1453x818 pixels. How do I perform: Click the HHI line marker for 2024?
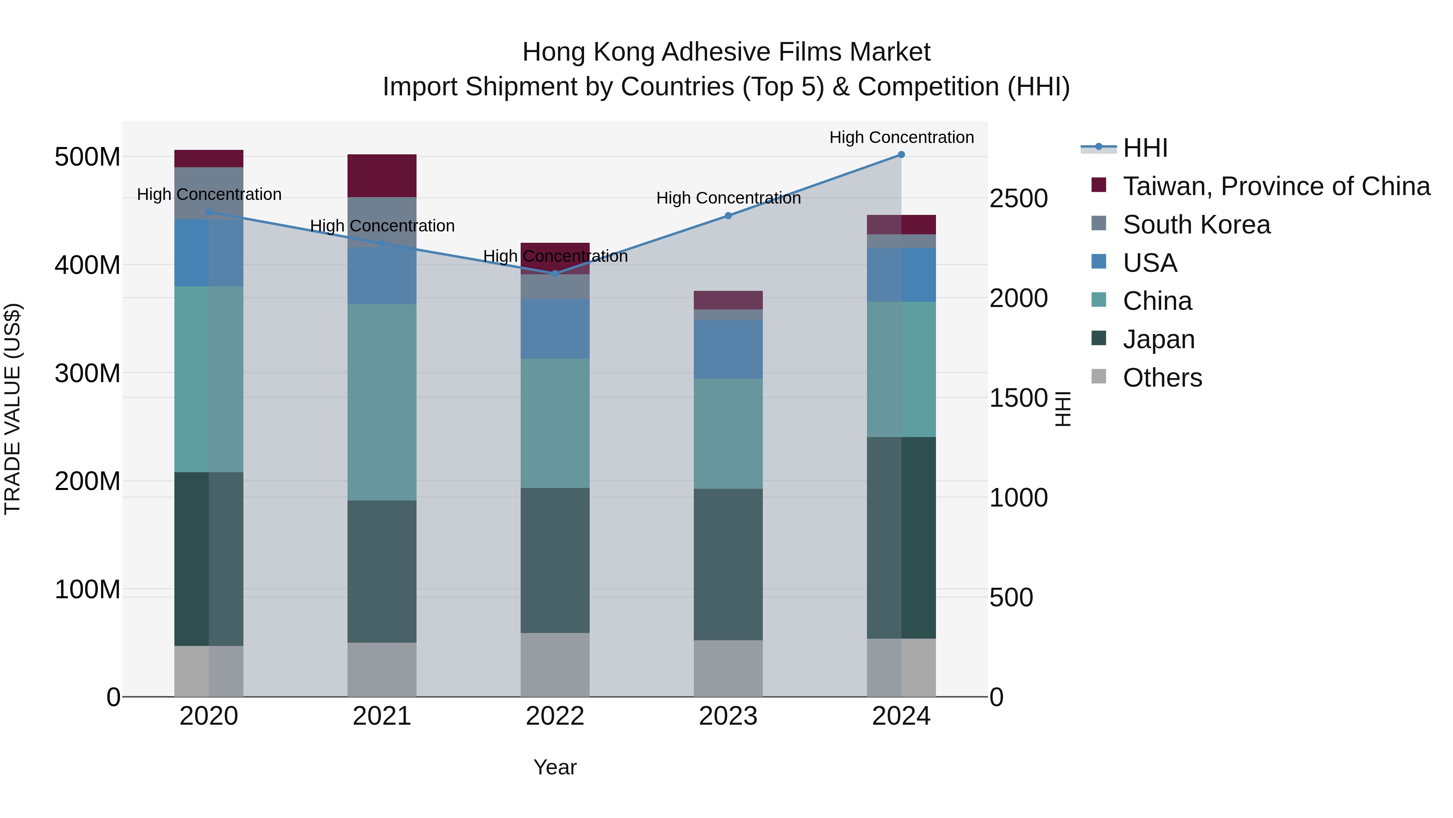coord(901,155)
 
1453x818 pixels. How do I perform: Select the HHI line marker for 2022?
coord(555,274)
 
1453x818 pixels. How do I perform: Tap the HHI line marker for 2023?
coord(728,216)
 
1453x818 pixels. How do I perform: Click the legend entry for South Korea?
coord(1196,225)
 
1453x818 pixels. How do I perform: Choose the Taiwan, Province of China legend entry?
coord(1276,186)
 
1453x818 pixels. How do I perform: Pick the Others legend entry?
coord(1162,378)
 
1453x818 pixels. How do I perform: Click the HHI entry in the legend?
coord(1145,148)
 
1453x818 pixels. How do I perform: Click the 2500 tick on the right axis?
coord(1018,199)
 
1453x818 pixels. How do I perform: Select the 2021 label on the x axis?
coord(382,716)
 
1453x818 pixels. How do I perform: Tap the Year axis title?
coord(555,767)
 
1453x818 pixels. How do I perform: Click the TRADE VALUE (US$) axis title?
coord(13,409)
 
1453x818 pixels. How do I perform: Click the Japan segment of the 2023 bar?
coord(728,565)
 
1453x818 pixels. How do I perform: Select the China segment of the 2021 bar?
coord(382,402)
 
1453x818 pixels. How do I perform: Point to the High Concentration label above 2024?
coord(901,137)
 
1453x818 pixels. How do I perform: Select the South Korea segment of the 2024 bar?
coord(901,241)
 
